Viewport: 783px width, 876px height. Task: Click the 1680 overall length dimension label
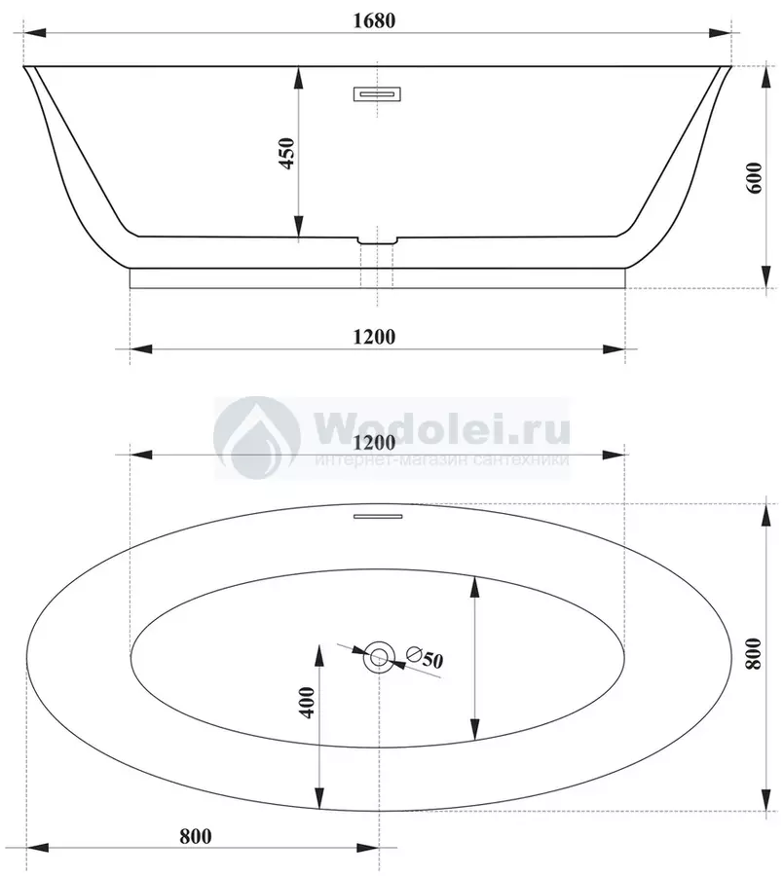coord(374,20)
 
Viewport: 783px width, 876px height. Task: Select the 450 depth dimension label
coord(286,153)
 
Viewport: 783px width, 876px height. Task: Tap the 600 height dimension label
coord(754,178)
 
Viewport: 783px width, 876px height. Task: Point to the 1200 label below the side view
coord(374,337)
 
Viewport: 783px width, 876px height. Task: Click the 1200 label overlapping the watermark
coord(374,443)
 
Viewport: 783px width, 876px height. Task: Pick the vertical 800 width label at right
coord(754,653)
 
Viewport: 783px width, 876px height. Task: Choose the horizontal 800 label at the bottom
coord(196,836)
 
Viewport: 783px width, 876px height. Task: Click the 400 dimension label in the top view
coord(308,703)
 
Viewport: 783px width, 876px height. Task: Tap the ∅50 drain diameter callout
coord(425,657)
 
